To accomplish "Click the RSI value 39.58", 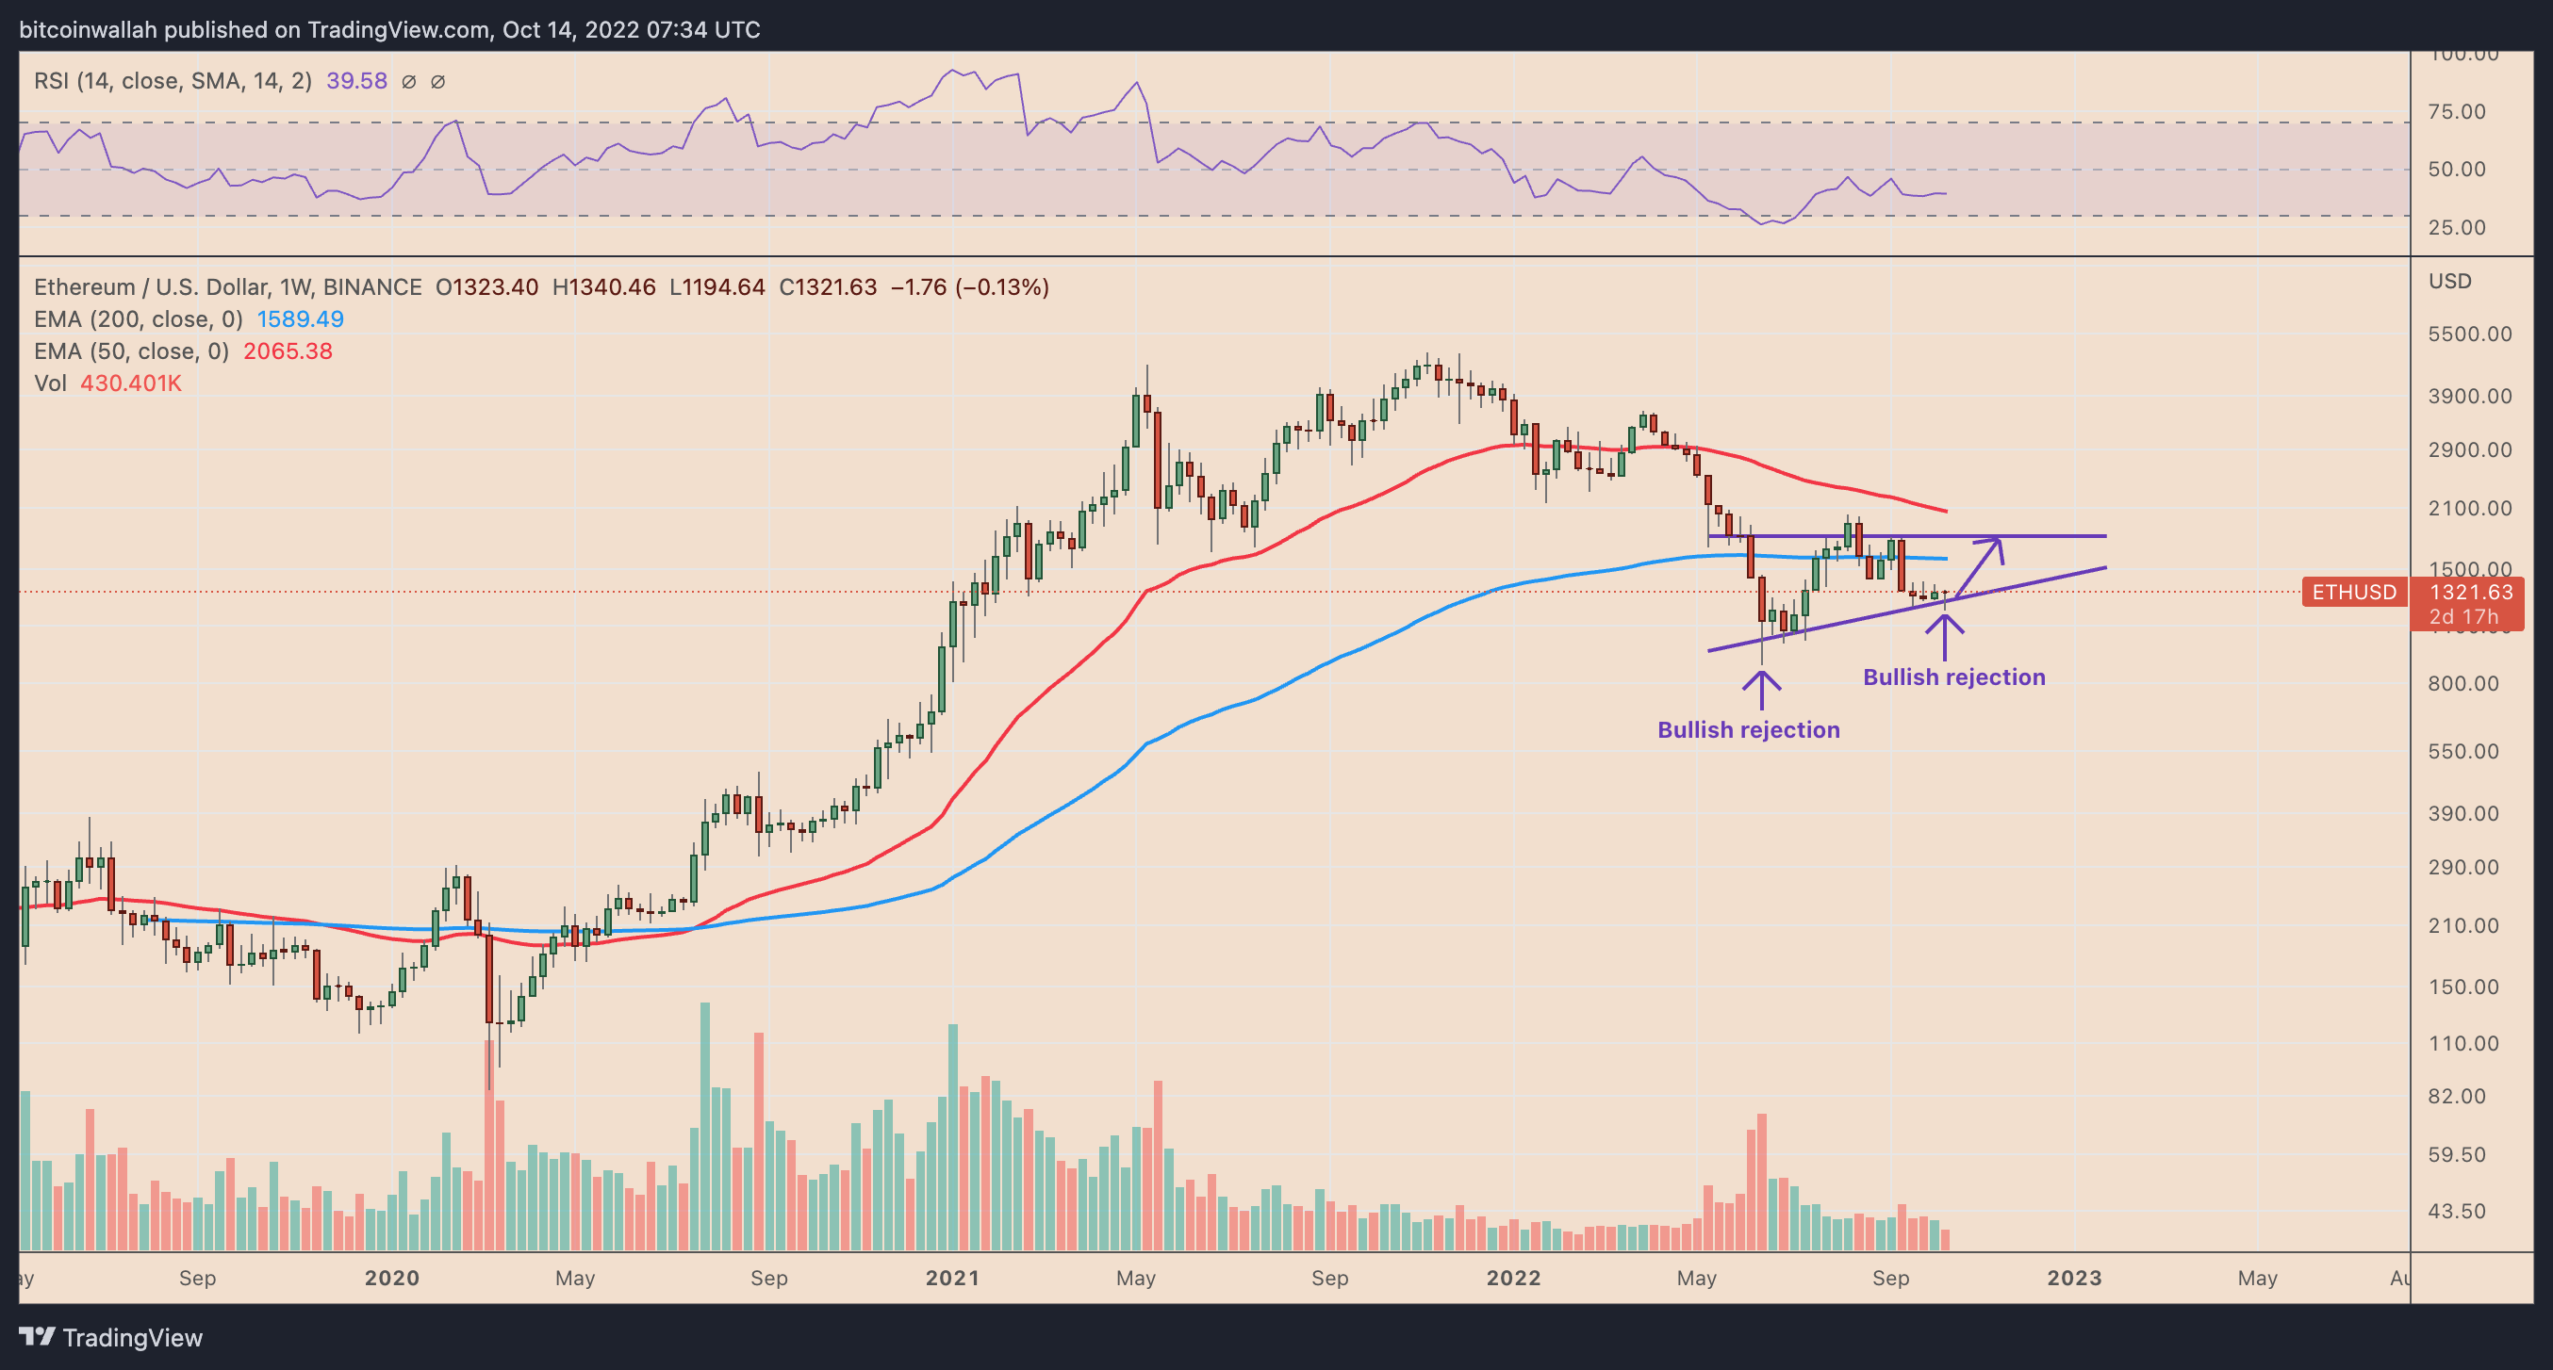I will (x=356, y=81).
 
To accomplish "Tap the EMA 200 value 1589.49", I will (x=301, y=319).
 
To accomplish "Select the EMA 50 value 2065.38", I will (x=288, y=351).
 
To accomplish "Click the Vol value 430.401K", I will (x=131, y=383).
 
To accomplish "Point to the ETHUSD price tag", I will (x=2354, y=593).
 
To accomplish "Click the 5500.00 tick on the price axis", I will (x=2470, y=334).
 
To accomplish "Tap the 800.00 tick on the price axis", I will (x=2462, y=683).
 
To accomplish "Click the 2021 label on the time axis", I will (x=952, y=1278).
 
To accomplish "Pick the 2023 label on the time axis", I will (x=2074, y=1278).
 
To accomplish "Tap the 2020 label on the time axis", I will (x=391, y=1278).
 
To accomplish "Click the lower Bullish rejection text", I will (x=1748, y=730).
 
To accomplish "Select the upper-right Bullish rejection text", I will (x=1953, y=677).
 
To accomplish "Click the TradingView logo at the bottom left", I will (x=111, y=1337).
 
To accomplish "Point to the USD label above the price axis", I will (x=2450, y=282).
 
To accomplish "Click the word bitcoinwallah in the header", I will (x=89, y=30).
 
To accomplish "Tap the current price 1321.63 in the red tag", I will (x=2471, y=593).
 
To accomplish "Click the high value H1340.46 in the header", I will (x=603, y=287).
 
